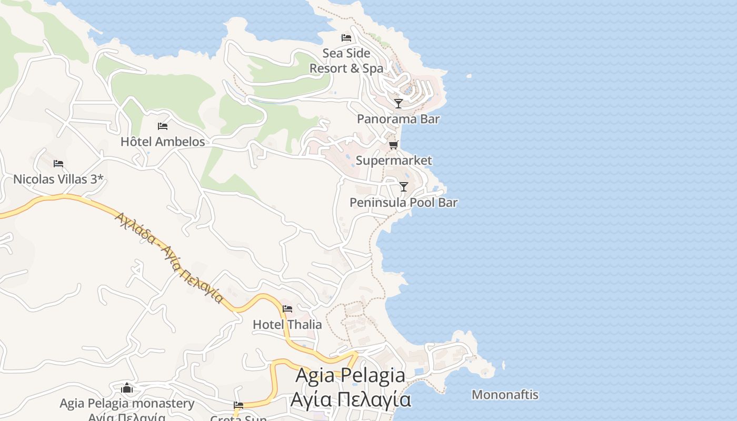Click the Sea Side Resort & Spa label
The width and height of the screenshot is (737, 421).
(346, 61)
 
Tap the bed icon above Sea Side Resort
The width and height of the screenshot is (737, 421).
(346, 38)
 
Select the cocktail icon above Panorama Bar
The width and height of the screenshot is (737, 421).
(399, 104)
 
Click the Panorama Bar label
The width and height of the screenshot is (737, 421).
(398, 119)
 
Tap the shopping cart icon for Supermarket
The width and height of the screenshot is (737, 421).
(394, 145)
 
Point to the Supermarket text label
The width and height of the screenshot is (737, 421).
(394, 161)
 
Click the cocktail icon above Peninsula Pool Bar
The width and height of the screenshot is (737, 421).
(404, 187)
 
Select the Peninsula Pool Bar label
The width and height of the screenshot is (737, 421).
(404, 203)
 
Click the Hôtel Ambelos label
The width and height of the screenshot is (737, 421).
(163, 142)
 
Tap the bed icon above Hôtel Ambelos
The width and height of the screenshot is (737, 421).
(163, 126)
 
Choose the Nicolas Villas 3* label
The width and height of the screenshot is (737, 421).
(58, 179)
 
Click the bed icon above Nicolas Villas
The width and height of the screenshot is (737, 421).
(58, 164)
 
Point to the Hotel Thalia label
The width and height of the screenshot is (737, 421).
(287, 324)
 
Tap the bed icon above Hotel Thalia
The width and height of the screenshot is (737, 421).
(287, 309)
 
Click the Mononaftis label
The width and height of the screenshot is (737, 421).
(505, 395)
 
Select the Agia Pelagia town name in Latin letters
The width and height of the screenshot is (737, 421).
(351, 376)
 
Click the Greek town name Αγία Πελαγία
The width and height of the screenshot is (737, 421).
(351, 400)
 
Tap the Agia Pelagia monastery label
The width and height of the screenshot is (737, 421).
(127, 404)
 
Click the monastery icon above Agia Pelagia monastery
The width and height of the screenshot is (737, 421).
(127, 388)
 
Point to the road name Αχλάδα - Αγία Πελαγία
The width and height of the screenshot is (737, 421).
(170, 257)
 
